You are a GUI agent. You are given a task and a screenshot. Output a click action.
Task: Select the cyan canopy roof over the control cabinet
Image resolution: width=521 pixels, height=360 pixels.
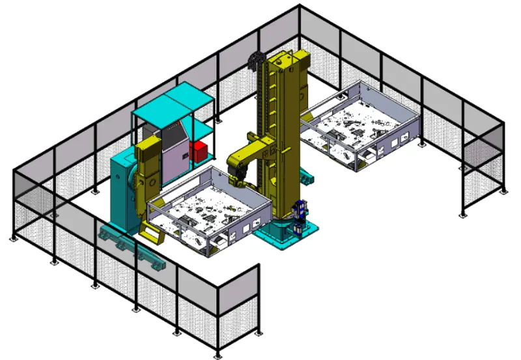click(173, 104)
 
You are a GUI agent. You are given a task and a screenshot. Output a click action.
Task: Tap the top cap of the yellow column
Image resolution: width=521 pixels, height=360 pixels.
click(290, 57)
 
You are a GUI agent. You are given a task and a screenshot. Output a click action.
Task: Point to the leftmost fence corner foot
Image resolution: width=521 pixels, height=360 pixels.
click(12, 239)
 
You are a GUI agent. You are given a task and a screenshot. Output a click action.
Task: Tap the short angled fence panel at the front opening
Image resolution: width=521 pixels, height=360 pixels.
click(238, 296)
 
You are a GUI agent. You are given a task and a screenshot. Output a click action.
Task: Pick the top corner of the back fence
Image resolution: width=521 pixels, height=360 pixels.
click(300, 6)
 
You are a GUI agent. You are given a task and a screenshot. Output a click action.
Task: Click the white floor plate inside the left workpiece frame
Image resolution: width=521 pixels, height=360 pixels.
click(208, 208)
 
